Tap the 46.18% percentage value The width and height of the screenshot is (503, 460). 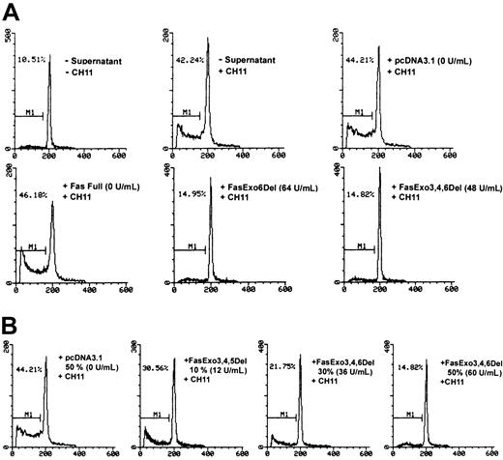coord(34,208)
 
